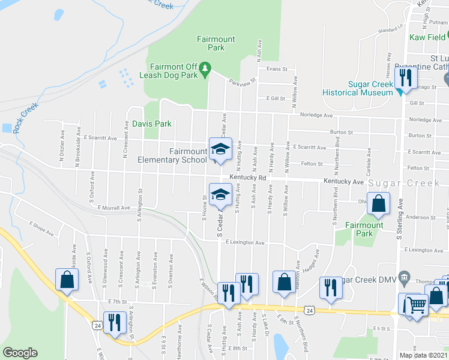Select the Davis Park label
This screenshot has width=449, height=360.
[x=152, y=124]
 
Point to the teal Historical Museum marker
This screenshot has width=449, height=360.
[x=399, y=92]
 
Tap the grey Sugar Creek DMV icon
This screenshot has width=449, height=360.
[x=404, y=277]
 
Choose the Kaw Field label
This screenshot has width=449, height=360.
[x=427, y=37]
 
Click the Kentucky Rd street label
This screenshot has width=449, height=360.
[x=247, y=178]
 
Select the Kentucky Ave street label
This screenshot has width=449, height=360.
[x=343, y=181]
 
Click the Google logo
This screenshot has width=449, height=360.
[x=20, y=353]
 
